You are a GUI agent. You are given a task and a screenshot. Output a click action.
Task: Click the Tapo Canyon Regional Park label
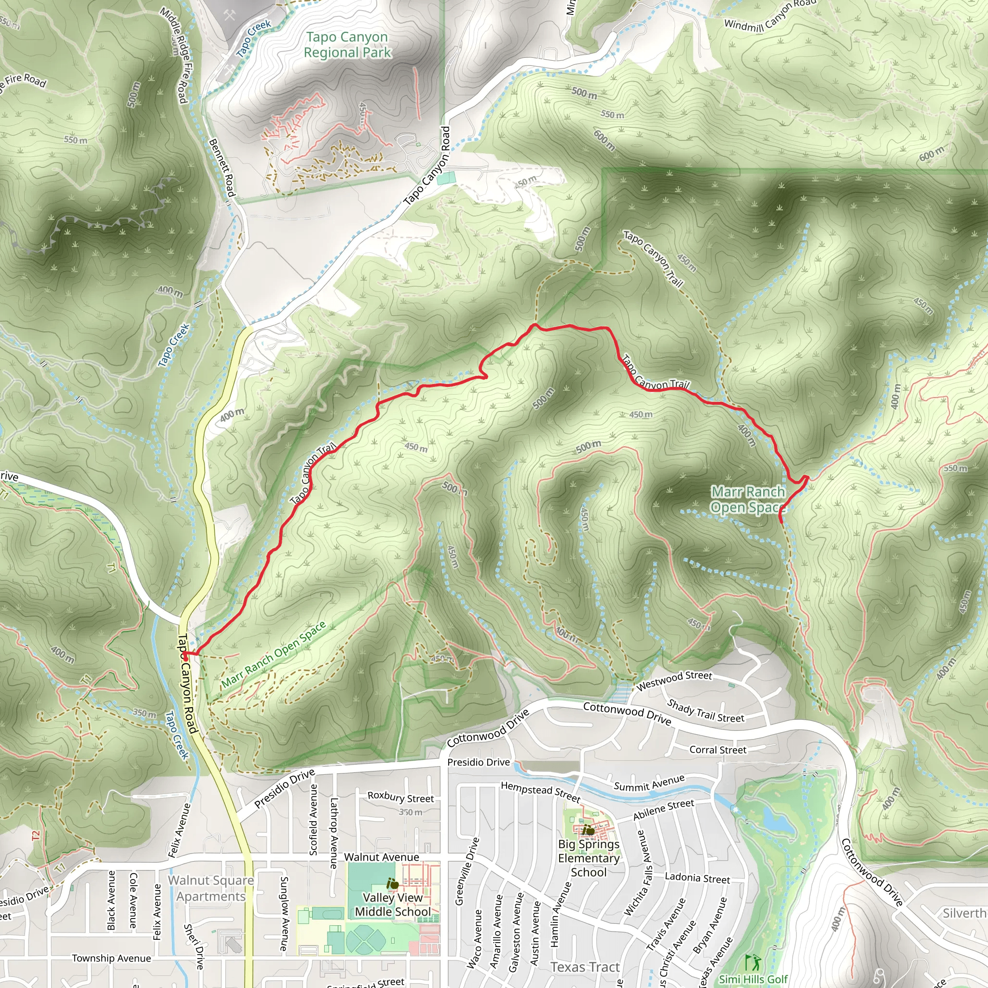pos(347,45)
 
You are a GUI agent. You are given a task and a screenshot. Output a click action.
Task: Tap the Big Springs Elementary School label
pos(589,858)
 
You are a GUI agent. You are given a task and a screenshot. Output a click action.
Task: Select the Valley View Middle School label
pos(393,904)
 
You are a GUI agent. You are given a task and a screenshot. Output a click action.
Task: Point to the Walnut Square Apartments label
pos(211,888)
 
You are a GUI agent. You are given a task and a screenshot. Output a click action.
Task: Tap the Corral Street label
pos(717,750)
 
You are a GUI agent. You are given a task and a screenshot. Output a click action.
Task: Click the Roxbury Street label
pos(400,797)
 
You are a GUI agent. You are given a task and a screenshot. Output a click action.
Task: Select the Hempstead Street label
pos(540,792)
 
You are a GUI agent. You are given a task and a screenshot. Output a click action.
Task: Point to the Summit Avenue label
pos(649,783)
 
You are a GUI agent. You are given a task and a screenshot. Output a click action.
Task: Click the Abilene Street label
pos(663,810)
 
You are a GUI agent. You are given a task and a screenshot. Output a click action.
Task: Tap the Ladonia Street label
pos(697,878)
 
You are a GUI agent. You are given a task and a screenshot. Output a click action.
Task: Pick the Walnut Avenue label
pos(382,857)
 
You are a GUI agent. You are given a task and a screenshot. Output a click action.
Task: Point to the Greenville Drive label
pos(467,871)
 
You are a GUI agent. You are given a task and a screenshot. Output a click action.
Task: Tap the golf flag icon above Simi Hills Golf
pos(752,961)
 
